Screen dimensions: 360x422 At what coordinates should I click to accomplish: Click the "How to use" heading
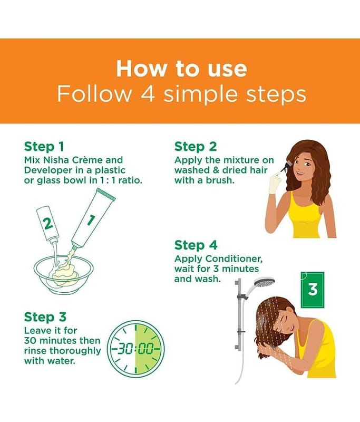click(181, 69)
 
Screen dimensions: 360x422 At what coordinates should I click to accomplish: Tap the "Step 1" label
click(44, 147)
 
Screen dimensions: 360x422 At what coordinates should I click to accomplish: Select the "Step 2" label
click(196, 147)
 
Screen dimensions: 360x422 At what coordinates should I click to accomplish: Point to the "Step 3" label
click(45, 317)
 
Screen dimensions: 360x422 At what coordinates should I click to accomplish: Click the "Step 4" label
click(196, 245)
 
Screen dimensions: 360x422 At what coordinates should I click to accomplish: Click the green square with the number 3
click(313, 290)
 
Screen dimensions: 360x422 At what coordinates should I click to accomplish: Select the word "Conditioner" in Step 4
click(233, 259)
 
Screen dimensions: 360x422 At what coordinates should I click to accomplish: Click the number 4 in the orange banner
click(148, 94)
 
